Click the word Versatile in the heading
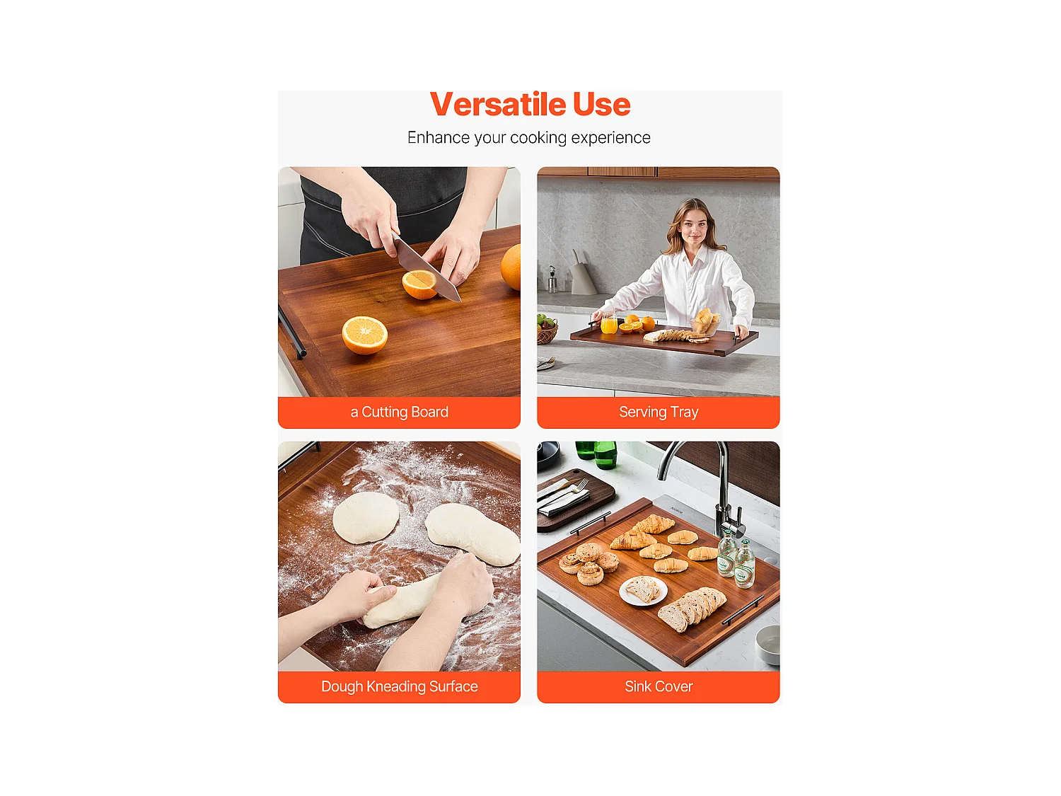coord(498,105)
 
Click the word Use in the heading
coord(601,105)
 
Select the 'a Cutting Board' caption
coord(399,412)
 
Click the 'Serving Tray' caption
coord(659,412)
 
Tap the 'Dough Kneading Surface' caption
coord(399,686)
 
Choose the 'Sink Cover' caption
coord(659,686)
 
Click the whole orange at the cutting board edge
coord(512,267)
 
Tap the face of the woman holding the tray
coord(692,225)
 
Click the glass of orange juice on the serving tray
coord(608,324)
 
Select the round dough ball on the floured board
coord(365,517)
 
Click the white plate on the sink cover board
coord(643,590)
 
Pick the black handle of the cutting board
coord(292,333)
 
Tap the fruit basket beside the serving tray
coord(546,330)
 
